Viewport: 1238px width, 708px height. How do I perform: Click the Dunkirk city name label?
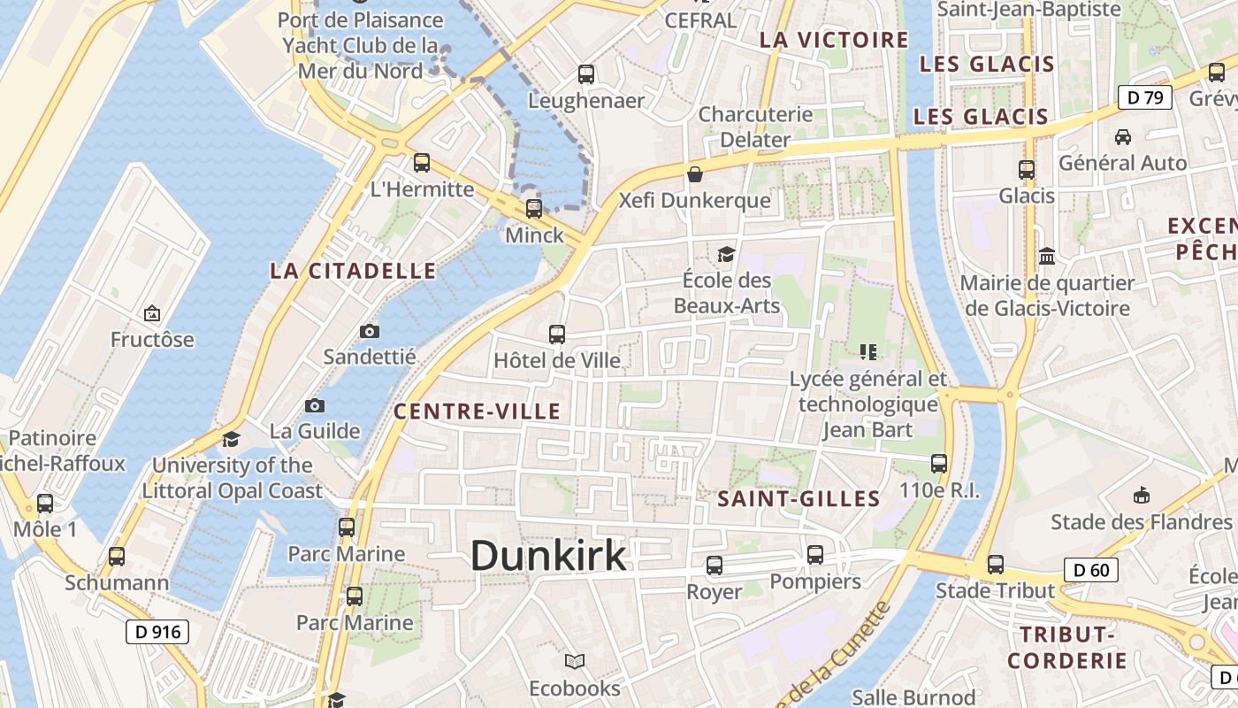pyautogui.click(x=548, y=556)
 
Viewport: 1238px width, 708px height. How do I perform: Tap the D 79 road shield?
pyautogui.click(x=1145, y=97)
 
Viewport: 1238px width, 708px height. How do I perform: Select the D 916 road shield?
pyautogui.click(x=157, y=632)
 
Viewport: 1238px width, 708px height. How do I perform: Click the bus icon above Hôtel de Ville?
pyautogui.click(x=556, y=335)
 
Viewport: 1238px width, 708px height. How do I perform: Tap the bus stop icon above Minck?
pyautogui.click(x=533, y=209)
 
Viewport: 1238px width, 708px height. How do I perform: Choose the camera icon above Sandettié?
pyautogui.click(x=370, y=331)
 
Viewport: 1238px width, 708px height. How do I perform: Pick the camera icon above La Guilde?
pyautogui.click(x=314, y=405)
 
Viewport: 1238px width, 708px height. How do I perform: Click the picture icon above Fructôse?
pyautogui.click(x=152, y=313)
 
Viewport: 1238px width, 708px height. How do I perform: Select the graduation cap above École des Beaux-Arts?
pyautogui.click(x=726, y=255)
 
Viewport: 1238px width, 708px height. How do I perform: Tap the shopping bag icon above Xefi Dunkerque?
pyautogui.click(x=695, y=174)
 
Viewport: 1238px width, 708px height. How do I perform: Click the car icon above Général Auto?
pyautogui.click(x=1122, y=137)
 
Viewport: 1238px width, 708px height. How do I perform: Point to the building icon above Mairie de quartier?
pyautogui.click(x=1047, y=257)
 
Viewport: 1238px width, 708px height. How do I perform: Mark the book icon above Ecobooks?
pyautogui.click(x=575, y=661)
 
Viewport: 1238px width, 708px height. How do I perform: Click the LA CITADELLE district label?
pyautogui.click(x=353, y=271)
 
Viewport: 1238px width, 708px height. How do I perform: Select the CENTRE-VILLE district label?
pyautogui.click(x=477, y=412)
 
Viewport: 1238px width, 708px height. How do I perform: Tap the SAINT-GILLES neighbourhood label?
pyautogui.click(x=799, y=499)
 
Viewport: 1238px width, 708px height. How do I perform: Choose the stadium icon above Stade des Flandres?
pyautogui.click(x=1141, y=495)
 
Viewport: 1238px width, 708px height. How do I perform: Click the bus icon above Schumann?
pyautogui.click(x=116, y=557)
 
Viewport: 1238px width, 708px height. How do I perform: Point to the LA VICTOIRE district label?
pyautogui.click(x=834, y=40)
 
